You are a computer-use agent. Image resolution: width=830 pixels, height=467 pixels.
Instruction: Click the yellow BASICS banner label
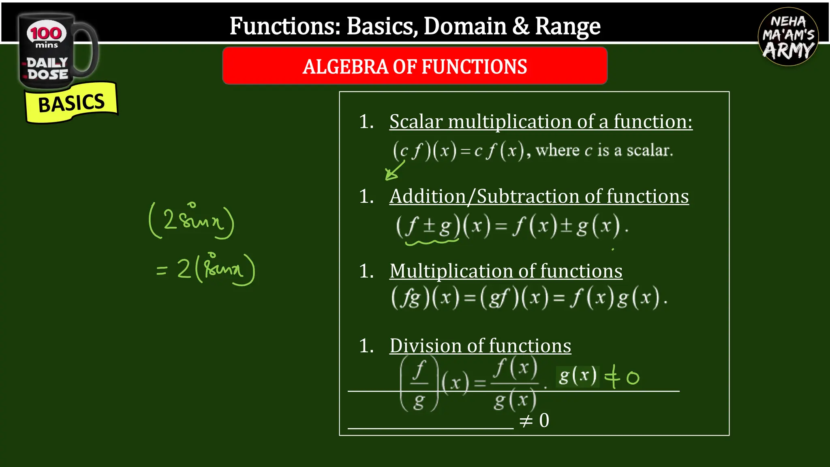(71, 103)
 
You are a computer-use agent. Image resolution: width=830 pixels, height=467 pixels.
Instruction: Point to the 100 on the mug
(46, 33)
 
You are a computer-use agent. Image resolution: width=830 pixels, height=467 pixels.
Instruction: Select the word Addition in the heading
(427, 197)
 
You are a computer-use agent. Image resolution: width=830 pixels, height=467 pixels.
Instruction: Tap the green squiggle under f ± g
(431, 242)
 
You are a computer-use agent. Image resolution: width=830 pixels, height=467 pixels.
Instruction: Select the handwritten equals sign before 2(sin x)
(161, 270)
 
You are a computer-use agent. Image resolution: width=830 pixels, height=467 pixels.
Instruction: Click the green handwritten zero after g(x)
(633, 378)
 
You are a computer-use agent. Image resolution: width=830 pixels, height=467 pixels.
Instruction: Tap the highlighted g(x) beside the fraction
(578, 376)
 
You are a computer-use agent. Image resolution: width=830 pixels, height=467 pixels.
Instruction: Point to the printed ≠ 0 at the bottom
(534, 421)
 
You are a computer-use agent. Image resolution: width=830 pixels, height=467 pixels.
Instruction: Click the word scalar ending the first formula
(649, 151)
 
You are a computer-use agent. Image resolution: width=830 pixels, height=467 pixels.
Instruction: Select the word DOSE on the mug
(48, 75)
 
